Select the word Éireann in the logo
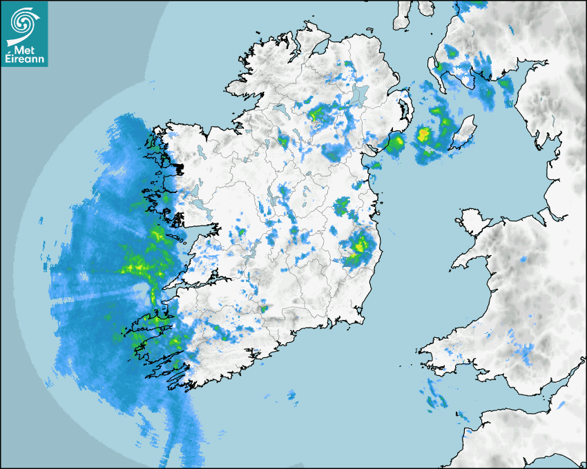(x=25, y=60)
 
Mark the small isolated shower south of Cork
(x=291, y=395)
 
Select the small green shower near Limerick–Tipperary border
(x=264, y=309)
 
